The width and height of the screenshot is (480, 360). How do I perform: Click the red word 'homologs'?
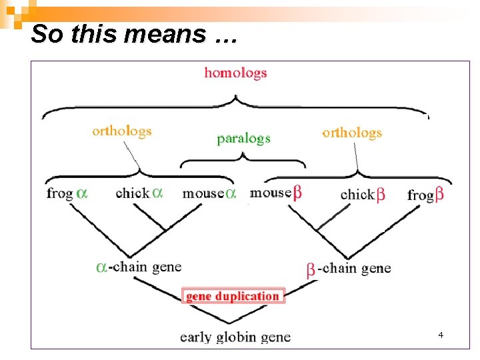(x=235, y=73)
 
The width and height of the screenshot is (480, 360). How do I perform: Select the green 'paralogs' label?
(x=243, y=139)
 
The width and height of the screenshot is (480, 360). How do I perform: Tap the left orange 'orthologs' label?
(x=122, y=131)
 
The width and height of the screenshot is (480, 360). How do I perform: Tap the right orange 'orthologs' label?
(x=352, y=132)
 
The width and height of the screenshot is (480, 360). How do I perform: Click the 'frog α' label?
(x=67, y=193)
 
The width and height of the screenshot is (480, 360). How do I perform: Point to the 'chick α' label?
(x=139, y=193)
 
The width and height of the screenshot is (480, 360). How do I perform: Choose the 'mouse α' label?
(x=209, y=193)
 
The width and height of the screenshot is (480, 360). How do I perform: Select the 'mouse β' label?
(x=275, y=193)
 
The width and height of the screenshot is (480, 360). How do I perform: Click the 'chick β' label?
(x=363, y=195)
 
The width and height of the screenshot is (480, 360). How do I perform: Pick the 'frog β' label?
(x=426, y=195)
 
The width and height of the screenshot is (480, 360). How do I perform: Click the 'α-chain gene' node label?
(x=139, y=267)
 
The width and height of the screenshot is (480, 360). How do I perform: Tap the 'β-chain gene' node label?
(x=349, y=269)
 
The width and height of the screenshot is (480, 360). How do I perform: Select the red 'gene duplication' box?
(x=233, y=296)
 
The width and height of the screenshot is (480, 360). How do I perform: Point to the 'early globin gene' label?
(x=235, y=337)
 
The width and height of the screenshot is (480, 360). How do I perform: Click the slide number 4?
(x=441, y=334)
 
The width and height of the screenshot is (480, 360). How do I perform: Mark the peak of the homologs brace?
(x=235, y=97)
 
